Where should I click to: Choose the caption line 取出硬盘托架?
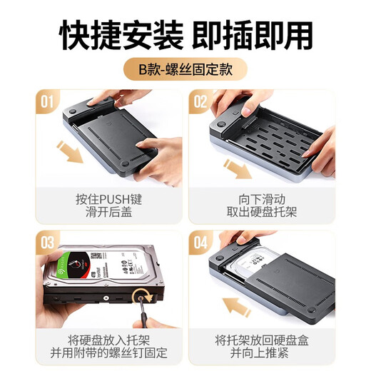262,212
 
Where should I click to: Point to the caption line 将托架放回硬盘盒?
262,339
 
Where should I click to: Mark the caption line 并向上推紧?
262,354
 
